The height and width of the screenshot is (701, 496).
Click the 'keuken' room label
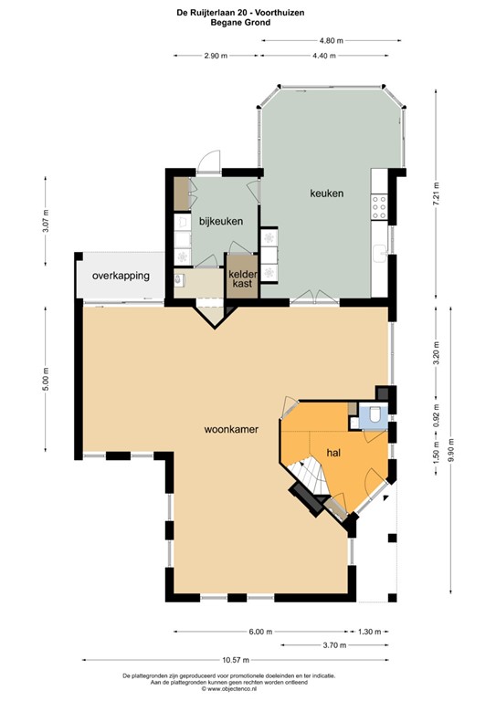coord(326,194)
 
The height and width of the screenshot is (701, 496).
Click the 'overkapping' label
coord(120,275)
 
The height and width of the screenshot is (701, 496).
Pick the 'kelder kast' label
coord(242,279)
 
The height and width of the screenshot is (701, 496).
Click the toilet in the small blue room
coord(375,419)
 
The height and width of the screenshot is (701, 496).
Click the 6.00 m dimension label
coord(259,631)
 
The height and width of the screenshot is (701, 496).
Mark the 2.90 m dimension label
coord(216,57)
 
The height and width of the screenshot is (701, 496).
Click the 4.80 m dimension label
coord(331,40)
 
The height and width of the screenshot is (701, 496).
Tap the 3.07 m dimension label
coord(46,220)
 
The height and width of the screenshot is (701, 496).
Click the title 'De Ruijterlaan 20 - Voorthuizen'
coord(248,12)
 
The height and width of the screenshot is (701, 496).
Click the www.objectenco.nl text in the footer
coord(248,689)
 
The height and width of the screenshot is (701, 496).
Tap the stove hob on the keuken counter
coord(378,210)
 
